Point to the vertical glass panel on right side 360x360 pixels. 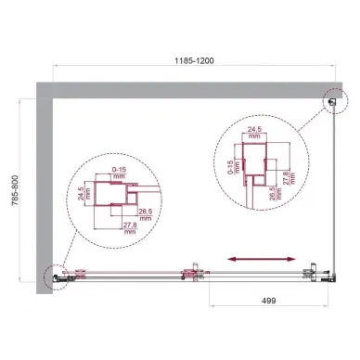point(336,186)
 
